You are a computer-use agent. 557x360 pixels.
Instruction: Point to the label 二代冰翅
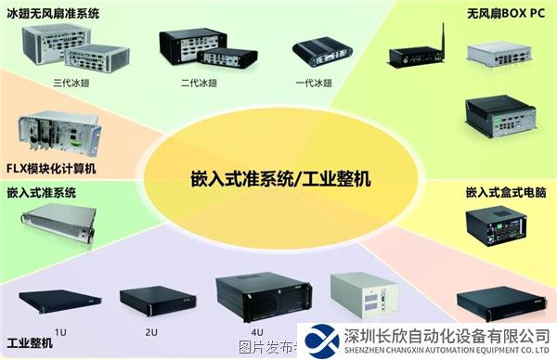(200, 83)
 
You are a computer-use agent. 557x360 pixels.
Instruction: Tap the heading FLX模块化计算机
(51, 168)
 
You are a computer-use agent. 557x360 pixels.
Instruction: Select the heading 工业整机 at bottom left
(30, 342)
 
